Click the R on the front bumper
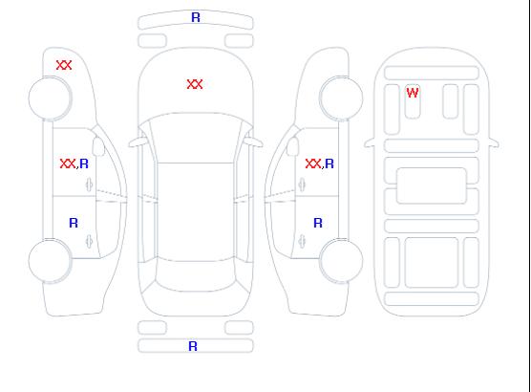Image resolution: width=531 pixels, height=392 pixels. coord(196,17)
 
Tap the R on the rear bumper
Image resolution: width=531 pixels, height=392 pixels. coord(193,346)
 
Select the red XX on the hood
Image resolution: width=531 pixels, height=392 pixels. coord(195,84)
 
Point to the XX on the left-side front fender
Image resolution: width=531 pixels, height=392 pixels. coord(64,65)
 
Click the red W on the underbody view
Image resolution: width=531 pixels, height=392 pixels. coord(413,93)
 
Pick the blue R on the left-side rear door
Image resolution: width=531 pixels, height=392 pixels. coord(74,223)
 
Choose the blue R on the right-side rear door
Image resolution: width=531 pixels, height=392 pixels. coord(318,223)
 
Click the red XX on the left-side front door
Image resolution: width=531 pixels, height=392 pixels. coord(68,163)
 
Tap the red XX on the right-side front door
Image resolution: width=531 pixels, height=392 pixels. coord(313,163)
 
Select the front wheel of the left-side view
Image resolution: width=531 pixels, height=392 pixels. coord(50,98)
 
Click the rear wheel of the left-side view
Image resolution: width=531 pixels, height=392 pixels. coord(50,261)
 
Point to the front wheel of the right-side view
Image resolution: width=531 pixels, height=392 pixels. coord(341,98)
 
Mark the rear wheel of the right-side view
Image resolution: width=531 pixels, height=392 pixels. coord(341,261)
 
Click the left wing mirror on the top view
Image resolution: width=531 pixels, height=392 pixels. coord(138,142)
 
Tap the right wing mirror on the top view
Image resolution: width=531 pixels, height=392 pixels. coord(254,142)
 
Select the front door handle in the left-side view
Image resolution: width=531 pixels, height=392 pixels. coord(90,185)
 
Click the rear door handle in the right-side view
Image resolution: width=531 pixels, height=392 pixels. coord(302,242)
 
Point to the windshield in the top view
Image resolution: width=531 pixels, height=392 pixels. coord(196,138)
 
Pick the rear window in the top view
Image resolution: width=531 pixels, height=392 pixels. coord(196,275)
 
